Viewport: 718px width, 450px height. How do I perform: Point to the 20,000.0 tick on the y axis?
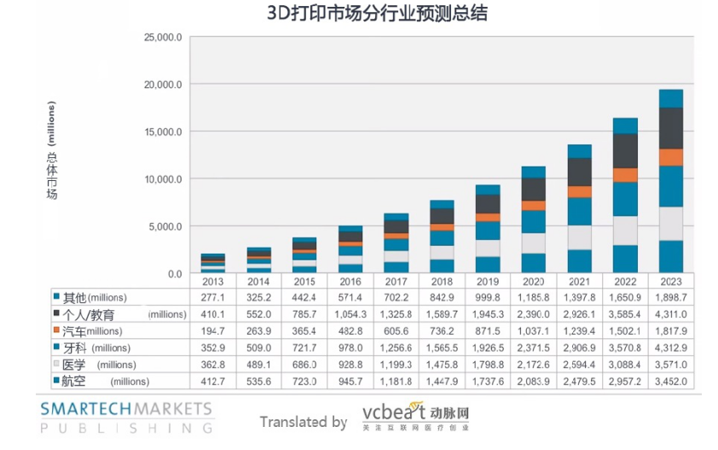point(164,85)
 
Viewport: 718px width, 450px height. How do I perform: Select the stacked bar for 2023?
point(670,181)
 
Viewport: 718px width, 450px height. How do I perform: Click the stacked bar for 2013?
point(213,264)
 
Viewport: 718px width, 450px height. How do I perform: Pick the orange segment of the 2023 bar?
point(670,157)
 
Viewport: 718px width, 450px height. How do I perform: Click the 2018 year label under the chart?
point(442,281)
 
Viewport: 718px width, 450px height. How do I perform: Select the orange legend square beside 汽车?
point(56,330)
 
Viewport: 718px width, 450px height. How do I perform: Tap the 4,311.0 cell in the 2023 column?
point(670,314)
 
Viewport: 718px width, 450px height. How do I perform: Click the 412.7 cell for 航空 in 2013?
point(213,381)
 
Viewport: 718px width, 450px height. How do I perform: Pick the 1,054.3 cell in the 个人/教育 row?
point(350,314)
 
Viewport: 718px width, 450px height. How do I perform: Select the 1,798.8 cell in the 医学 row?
point(488,364)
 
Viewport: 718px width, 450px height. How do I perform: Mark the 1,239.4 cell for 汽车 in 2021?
point(579,330)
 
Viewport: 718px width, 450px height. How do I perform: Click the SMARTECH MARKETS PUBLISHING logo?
point(125,416)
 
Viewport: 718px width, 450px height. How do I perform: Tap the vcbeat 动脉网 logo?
point(414,417)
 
